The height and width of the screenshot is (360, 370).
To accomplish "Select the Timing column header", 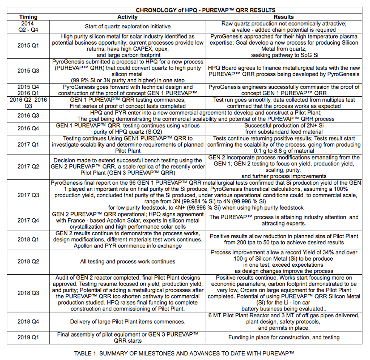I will [28, 17].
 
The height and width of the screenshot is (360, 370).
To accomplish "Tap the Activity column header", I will [128, 17].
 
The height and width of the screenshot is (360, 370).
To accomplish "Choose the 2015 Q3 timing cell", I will [28, 71].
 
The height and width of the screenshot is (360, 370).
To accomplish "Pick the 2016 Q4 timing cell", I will [28, 128].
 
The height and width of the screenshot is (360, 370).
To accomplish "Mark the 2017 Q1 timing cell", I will [28, 145].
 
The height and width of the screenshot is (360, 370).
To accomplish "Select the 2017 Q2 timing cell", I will [28, 166].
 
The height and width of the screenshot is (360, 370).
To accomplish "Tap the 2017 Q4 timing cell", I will [28, 220].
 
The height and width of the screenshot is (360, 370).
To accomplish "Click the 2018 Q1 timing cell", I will [28, 239].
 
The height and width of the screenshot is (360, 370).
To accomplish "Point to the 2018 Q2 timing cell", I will [28, 261].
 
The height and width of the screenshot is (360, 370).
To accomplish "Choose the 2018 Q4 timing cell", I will [28, 322].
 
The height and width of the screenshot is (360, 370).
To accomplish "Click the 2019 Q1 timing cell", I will [28, 338].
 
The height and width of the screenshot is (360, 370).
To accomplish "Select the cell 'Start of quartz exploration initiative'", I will [128, 27].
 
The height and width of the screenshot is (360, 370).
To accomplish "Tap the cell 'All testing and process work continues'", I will [128, 261].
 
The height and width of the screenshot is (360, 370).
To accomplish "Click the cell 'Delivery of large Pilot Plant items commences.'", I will [128, 322].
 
